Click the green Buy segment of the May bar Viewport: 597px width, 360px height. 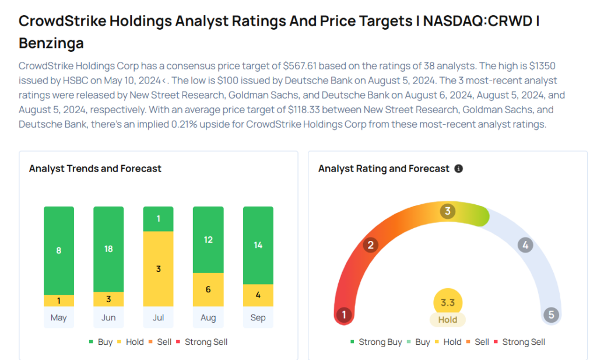(x=59, y=250)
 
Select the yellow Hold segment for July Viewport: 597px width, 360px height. (x=158, y=268)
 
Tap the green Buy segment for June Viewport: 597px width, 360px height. (x=108, y=249)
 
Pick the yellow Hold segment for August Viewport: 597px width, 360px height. (x=208, y=289)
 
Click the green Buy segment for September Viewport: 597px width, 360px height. (x=258, y=245)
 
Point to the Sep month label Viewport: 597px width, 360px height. (x=258, y=318)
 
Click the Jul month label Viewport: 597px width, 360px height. (x=158, y=318)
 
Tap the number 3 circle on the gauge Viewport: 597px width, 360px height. (x=448, y=211)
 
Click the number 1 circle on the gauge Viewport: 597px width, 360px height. (x=344, y=316)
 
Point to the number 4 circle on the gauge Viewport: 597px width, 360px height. (x=525, y=245)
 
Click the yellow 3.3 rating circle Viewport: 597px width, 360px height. (x=448, y=302)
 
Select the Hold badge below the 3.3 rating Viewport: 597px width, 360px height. (x=448, y=320)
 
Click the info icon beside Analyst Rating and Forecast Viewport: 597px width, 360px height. (x=459, y=169)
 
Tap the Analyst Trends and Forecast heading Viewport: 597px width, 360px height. (x=95, y=169)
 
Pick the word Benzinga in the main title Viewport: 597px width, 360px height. (x=51, y=43)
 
